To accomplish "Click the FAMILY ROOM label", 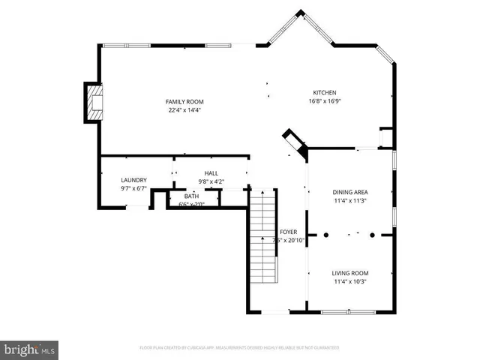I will coord(184,101).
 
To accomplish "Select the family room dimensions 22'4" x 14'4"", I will coord(184,110).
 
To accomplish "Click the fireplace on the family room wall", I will coord(93,103).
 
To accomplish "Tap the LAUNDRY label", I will coord(133,180).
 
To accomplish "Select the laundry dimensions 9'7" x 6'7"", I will coord(133,188).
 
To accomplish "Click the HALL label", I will coord(211,173).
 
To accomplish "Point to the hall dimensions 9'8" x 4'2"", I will coord(211,181).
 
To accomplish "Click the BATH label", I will coord(192,196).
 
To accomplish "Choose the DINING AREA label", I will coord(350,192).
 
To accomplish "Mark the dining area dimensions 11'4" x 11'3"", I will coord(350,200).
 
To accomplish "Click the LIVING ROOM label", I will coord(350,273).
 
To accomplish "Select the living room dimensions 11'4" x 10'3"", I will coord(350,282).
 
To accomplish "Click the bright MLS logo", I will coord(30,349).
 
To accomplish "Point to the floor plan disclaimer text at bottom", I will coord(239,348).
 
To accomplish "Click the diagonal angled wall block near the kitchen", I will coord(293,142).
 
